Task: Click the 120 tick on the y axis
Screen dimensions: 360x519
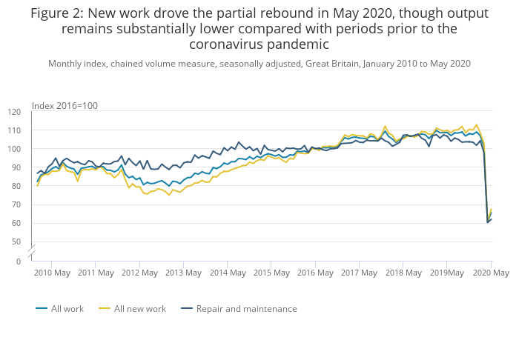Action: click(x=14, y=112)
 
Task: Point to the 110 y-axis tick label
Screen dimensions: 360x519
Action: click(x=14, y=130)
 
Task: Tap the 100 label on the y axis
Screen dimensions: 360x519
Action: click(x=14, y=149)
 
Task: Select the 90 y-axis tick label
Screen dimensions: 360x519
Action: click(x=16, y=167)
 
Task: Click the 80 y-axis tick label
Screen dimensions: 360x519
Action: click(x=16, y=186)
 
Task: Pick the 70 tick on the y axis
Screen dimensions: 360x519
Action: click(x=16, y=204)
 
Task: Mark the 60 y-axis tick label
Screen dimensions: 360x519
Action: click(x=16, y=223)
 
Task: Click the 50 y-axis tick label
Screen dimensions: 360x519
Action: click(x=16, y=241)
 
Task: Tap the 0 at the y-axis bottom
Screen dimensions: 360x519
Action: click(x=19, y=261)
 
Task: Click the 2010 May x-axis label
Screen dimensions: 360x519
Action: click(x=53, y=273)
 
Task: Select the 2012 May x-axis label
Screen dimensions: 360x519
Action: click(x=140, y=273)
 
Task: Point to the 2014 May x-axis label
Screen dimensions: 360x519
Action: click(x=228, y=273)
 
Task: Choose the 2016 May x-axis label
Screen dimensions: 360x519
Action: click(x=315, y=273)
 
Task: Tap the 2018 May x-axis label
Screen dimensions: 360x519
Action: click(x=403, y=273)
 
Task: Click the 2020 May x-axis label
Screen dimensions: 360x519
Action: click(x=491, y=273)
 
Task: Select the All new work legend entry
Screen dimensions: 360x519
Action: click(x=139, y=309)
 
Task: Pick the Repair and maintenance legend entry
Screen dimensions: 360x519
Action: click(x=246, y=309)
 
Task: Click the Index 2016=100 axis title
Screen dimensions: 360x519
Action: click(x=65, y=106)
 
